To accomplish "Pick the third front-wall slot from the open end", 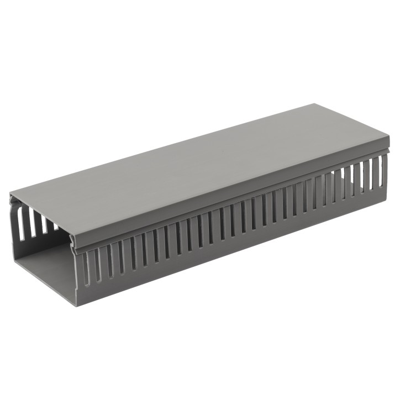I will (x=109, y=260).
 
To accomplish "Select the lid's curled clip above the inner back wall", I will (x=13, y=201).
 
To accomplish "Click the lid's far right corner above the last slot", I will (x=388, y=145).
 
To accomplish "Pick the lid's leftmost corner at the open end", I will (x=10, y=194).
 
